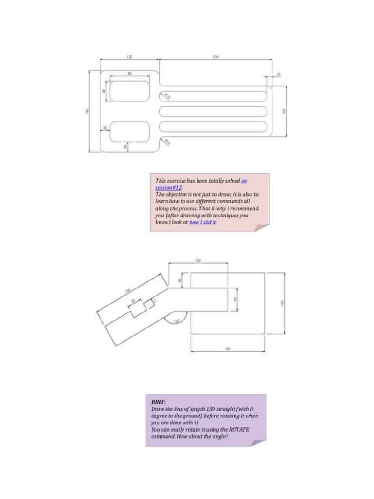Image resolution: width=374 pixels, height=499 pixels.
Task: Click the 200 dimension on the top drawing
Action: (x=215, y=57)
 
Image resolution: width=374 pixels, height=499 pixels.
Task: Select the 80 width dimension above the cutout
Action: (x=130, y=73)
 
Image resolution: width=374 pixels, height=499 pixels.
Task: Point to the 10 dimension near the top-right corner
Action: (x=278, y=74)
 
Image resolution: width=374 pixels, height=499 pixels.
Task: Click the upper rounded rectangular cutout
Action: (x=130, y=91)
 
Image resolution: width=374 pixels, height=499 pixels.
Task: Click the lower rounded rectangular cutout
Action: (x=130, y=132)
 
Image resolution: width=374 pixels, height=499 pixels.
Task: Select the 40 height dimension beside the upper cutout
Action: (x=104, y=91)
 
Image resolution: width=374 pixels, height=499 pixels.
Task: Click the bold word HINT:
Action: (x=158, y=402)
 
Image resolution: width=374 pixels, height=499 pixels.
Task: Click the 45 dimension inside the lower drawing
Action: (x=235, y=299)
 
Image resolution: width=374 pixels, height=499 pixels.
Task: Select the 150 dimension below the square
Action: (x=227, y=348)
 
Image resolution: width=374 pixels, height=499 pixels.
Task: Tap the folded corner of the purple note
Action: (x=258, y=442)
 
